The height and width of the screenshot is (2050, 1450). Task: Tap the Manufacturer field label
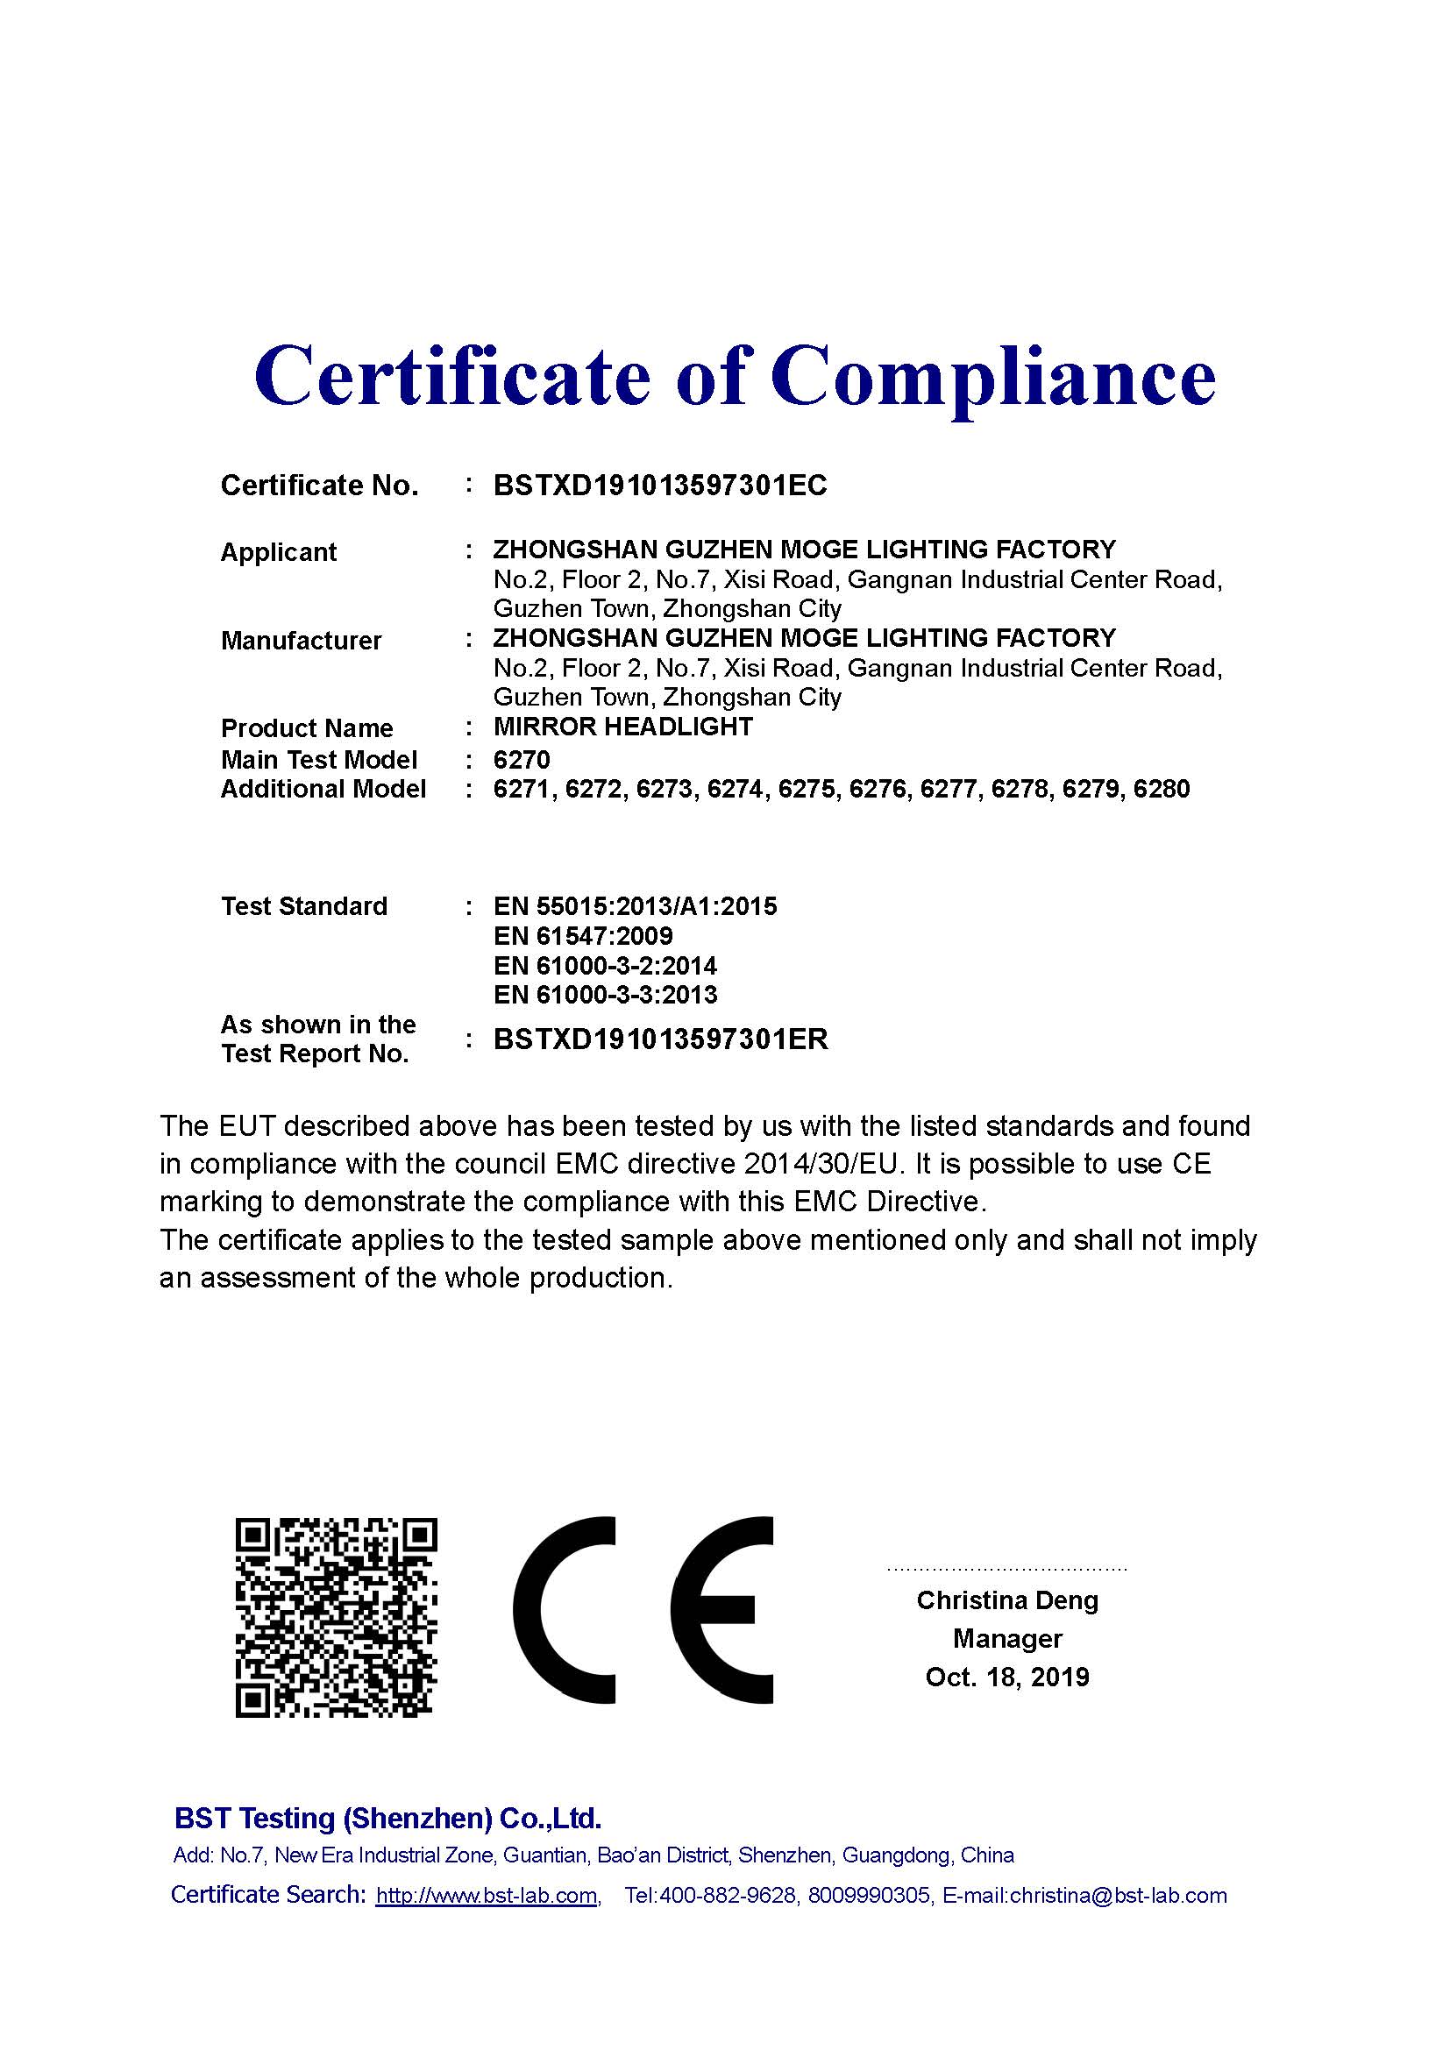(301, 640)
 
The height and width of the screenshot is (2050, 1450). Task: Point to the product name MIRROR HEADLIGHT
(622, 727)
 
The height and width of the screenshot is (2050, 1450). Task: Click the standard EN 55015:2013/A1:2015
(635, 906)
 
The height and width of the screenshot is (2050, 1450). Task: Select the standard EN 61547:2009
(582, 936)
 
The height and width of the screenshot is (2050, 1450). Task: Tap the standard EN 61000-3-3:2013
(605, 995)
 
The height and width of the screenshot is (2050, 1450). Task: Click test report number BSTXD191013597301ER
(660, 1039)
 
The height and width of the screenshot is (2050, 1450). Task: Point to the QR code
(336, 1616)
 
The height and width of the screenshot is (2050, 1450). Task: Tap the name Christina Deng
(1006, 1600)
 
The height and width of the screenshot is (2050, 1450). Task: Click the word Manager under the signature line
(1006, 1638)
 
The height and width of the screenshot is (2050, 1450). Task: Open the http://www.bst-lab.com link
(486, 1896)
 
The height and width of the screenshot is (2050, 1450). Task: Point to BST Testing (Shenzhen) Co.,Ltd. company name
(387, 1818)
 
